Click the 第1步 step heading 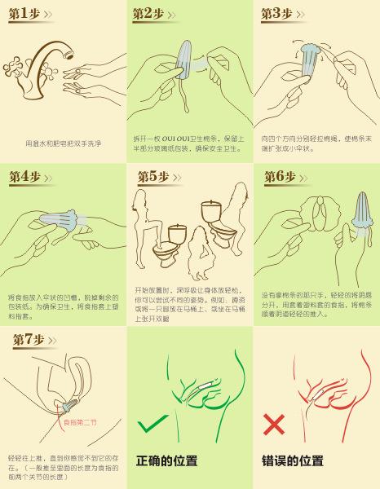(24, 14)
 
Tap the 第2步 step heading (149, 14)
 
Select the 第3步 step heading (277, 14)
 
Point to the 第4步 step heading (24, 176)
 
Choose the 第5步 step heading (152, 177)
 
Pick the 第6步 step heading (280, 176)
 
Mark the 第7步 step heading (29, 339)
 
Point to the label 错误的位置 (293, 460)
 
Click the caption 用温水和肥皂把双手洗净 (63, 144)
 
